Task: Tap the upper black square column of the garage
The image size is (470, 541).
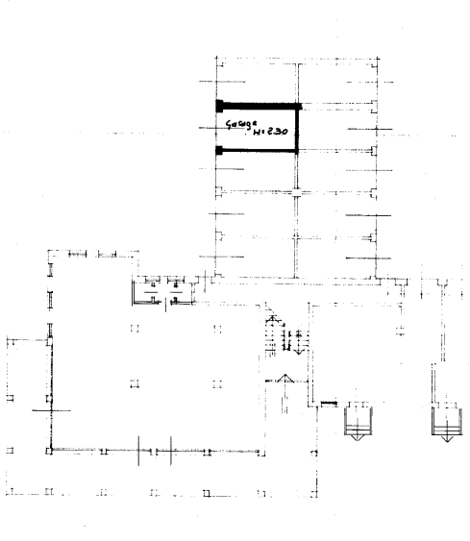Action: pos(219,105)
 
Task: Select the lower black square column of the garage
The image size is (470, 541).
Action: pos(219,150)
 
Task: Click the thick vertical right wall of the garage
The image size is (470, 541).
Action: pos(298,128)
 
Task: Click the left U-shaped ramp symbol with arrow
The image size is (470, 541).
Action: pos(358,420)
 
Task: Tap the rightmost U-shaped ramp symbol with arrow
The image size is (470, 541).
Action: pos(445,420)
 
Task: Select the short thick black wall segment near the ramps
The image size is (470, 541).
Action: pos(328,403)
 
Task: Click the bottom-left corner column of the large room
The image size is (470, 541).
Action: pos(49,449)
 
